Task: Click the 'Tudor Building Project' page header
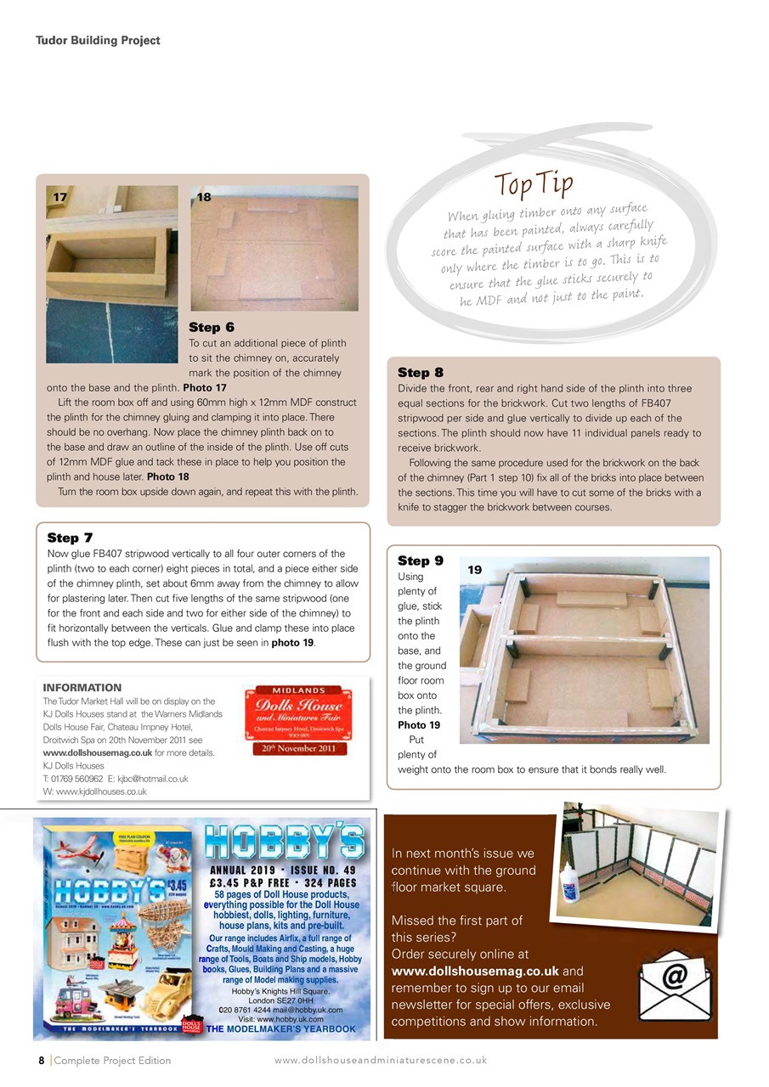click(x=98, y=40)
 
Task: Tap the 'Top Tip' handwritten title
click(x=534, y=183)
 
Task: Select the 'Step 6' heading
click(x=211, y=327)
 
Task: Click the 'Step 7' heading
click(x=70, y=538)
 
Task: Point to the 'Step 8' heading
click(x=421, y=372)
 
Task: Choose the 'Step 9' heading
click(x=421, y=560)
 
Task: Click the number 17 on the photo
click(x=59, y=196)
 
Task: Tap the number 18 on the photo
click(x=204, y=196)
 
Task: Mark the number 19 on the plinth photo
click(x=474, y=571)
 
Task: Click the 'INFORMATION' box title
click(x=82, y=687)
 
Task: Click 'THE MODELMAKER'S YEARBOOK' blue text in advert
click(x=280, y=1029)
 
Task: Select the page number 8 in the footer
click(x=41, y=1060)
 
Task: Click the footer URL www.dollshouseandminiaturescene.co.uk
click(x=380, y=1060)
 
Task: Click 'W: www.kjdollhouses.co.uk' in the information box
click(x=94, y=791)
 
